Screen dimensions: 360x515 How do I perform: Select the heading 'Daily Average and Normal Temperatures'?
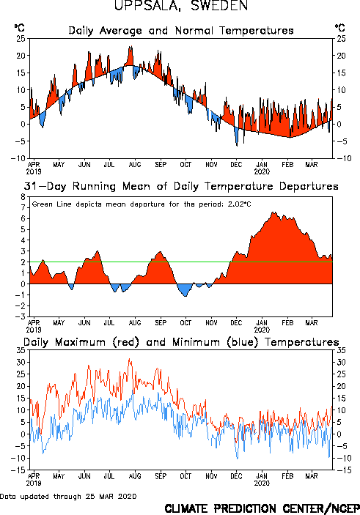coord(181,31)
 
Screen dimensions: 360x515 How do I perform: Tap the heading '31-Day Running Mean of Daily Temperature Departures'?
coord(181,186)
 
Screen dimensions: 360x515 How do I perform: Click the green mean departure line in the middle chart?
coord(181,262)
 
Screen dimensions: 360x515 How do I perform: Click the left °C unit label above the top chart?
coord(19,28)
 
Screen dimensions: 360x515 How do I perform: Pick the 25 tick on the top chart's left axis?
coord(21,39)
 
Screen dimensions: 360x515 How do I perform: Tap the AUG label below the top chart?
coord(135,164)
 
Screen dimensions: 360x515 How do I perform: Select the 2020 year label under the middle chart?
coord(262,330)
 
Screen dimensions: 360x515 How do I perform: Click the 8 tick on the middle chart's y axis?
coord(23,197)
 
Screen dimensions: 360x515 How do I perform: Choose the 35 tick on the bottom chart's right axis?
coord(341,350)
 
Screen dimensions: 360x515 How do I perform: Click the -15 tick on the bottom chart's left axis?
coord(18,470)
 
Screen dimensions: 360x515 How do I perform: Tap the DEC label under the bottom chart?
coord(236,476)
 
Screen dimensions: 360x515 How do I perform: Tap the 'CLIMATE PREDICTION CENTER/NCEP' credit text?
coord(262,508)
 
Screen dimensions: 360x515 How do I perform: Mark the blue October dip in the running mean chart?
coord(185,289)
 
